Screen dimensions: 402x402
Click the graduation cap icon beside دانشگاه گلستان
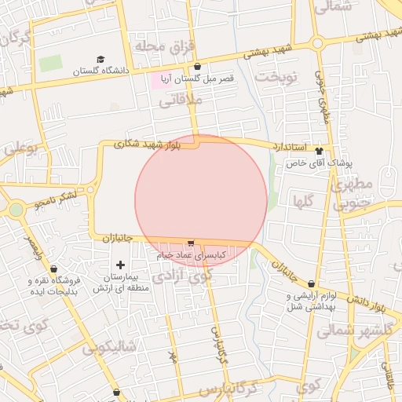(x=100, y=60)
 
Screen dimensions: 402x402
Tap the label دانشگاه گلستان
(x=100, y=71)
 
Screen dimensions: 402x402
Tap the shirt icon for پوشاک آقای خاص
(x=319, y=151)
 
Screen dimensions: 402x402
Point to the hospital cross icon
(x=120, y=265)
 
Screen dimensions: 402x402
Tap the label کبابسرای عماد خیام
(x=192, y=255)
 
